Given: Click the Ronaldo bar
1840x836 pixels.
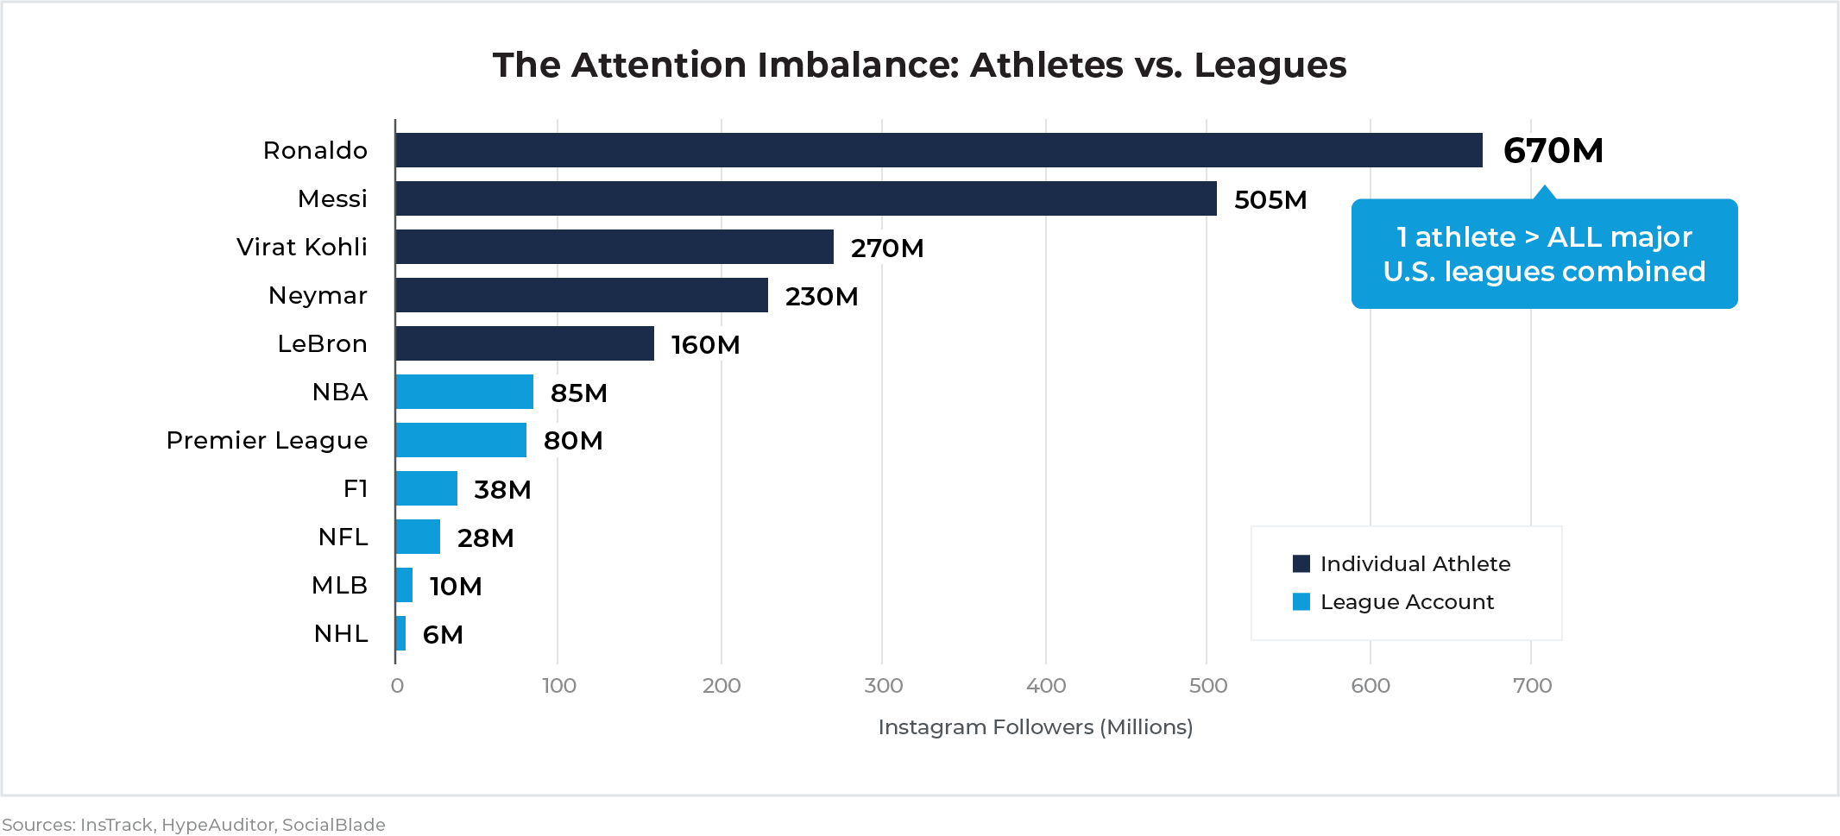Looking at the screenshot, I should tap(939, 150).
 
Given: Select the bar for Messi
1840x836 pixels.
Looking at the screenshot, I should tap(806, 198).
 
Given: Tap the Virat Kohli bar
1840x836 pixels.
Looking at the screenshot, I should tap(614, 247).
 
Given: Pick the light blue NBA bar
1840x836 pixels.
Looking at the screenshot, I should tap(464, 392).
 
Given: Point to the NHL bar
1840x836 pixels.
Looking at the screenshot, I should tap(400, 633).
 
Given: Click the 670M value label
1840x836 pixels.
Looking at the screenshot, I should tap(1553, 151).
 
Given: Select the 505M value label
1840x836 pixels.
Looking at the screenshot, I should tap(1270, 200).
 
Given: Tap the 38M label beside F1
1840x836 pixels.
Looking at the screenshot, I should tap(502, 490).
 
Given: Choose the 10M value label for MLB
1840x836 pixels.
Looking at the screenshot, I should tap(456, 587).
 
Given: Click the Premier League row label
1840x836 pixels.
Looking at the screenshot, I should tap(267, 440).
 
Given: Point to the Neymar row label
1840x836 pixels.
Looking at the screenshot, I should tap(318, 295).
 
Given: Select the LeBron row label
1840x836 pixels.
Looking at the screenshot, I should tap(322, 343).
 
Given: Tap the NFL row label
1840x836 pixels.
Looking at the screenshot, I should tap(343, 537).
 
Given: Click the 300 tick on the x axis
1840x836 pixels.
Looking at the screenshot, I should tap(883, 686).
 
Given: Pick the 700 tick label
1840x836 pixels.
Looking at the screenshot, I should tap(1532, 686).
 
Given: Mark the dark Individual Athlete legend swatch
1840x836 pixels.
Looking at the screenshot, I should tap(1301, 564).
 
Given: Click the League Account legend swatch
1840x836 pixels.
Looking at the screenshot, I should tap(1301, 602).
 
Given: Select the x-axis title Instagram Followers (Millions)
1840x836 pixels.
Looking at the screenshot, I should tap(1035, 727).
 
